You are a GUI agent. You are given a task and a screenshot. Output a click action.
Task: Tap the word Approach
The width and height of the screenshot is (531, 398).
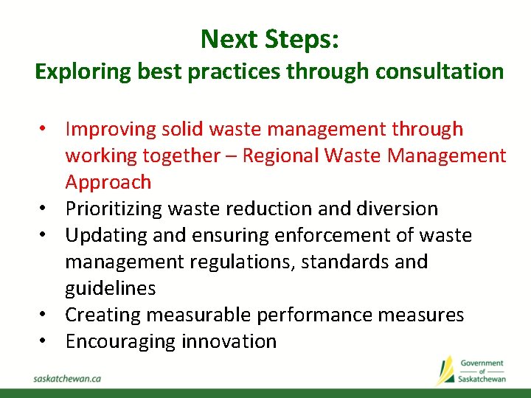point(108,182)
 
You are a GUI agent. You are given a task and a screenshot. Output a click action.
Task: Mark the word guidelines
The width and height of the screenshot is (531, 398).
point(111,288)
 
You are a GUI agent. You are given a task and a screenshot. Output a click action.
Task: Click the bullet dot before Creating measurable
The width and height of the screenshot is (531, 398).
point(44,315)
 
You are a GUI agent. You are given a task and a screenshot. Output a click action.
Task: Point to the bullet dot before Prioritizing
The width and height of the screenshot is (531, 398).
point(44,209)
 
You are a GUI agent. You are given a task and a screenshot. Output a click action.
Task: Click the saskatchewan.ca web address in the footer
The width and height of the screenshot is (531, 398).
point(67,378)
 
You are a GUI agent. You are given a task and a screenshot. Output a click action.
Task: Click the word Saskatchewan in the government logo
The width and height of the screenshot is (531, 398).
point(481,379)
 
